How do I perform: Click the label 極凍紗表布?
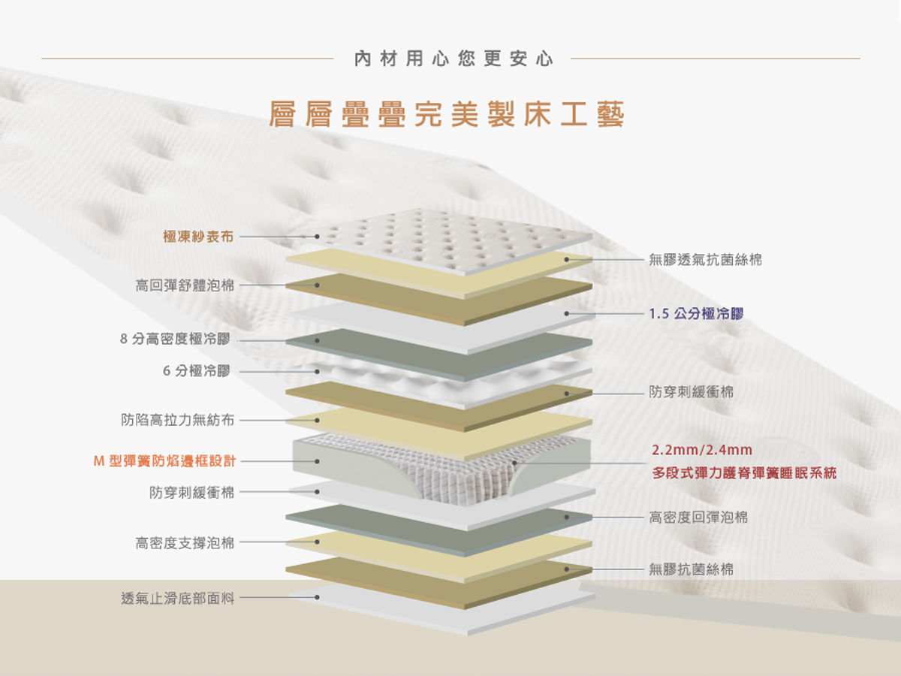(198, 237)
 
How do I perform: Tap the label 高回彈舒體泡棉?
(185, 285)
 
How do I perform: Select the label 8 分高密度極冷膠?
(175, 340)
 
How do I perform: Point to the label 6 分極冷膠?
(197, 371)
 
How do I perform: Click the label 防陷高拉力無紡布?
(178, 420)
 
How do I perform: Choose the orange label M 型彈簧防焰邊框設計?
(164, 460)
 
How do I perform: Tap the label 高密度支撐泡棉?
(185, 542)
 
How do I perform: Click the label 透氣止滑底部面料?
(178, 598)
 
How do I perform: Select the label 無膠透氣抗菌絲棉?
(706, 260)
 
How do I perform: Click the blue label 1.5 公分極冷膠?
(698, 314)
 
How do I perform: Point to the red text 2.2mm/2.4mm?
(702, 451)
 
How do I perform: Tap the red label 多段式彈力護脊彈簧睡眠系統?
(743, 474)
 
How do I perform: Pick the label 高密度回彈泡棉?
(698, 518)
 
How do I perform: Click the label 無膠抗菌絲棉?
(692, 569)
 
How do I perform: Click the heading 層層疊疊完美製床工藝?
(447, 114)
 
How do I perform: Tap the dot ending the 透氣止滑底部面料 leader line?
(317, 598)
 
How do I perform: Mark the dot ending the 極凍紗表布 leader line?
(317, 237)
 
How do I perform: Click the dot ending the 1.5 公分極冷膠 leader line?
(567, 314)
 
